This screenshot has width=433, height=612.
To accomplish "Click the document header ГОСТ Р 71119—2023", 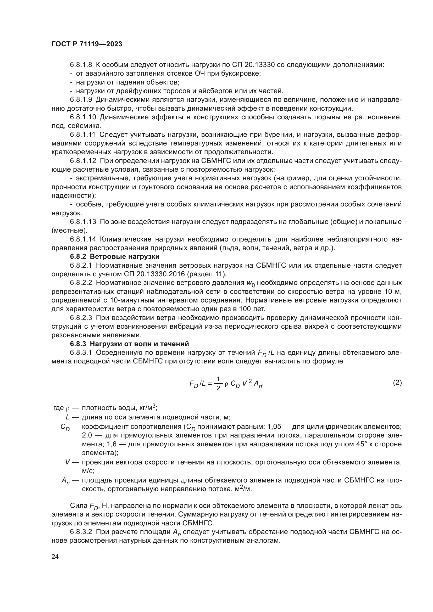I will coord(87,44).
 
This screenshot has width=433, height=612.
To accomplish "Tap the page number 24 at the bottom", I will coord(55,557).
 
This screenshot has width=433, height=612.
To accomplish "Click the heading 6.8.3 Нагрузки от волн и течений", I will coord(129,344).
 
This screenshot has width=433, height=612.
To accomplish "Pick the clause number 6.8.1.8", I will coord(81,65).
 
